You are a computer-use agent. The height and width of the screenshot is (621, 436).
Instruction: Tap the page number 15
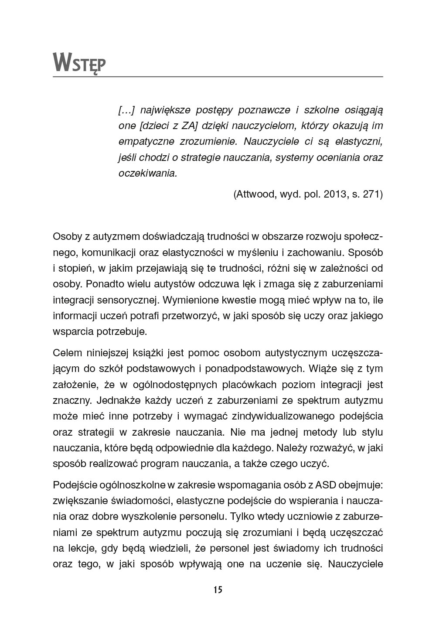click(218, 590)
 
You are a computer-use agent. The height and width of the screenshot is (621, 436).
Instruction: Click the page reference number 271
click(371, 194)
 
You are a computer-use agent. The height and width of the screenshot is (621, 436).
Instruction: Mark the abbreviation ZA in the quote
click(188, 126)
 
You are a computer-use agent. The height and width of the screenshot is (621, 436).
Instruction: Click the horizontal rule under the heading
click(218, 77)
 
